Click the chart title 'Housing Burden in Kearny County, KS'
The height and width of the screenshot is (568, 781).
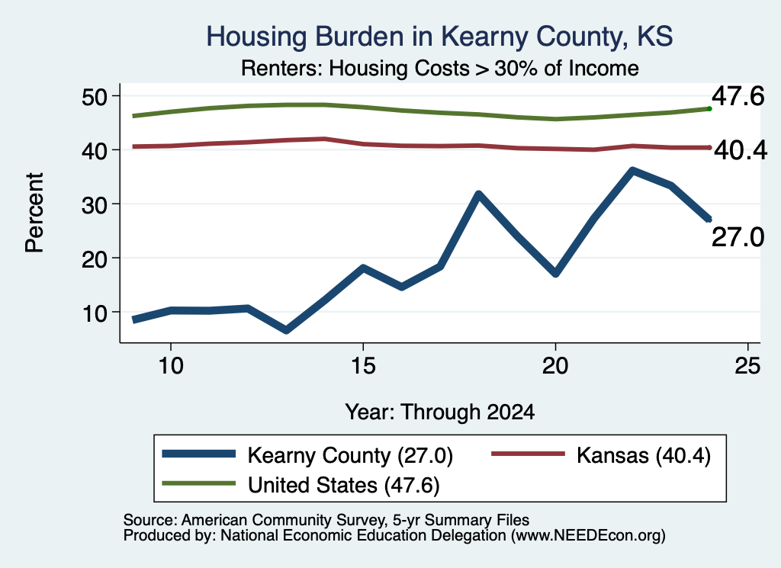pyautogui.click(x=439, y=37)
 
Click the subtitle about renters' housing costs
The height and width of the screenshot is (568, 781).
pyautogui.click(x=440, y=68)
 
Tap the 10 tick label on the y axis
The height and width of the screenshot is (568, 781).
pyautogui.click(x=95, y=313)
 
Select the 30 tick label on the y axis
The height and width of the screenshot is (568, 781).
pyautogui.click(x=95, y=204)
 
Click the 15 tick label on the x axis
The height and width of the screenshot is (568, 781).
pyautogui.click(x=363, y=367)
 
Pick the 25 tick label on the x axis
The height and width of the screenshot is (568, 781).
pyautogui.click(x=747, y=367)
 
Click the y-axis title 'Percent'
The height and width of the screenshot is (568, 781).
pyautogui.click(x=34, y=213)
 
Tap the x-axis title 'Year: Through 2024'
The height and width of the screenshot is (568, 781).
pyautogui.click(x=440, y=412)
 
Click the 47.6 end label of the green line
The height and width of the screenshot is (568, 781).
pyautogui.click(x=738, y=96)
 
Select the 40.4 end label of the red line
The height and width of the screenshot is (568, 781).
pyautogui.click(x=741, y=150)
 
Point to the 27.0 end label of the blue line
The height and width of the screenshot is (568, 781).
pyautogui.click(x=738, y=237)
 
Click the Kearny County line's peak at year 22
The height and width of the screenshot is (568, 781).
pyautogui.click(x=632, y=172)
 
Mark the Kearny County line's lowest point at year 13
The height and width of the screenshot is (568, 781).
pyautogui.click(x=286, y=329)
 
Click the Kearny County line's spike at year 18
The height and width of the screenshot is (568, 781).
pyautogui.click(x=478, y=194)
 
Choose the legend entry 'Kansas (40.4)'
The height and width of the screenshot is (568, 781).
pyautogui.click(x=644, y=455)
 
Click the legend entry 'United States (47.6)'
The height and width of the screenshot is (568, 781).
pyautogui.click(x=344, y=486)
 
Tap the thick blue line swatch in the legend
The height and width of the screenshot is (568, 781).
pyautogui.click(x=199, y=454)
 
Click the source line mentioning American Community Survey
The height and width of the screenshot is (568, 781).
pyautogui.click(x=326, y=520)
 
